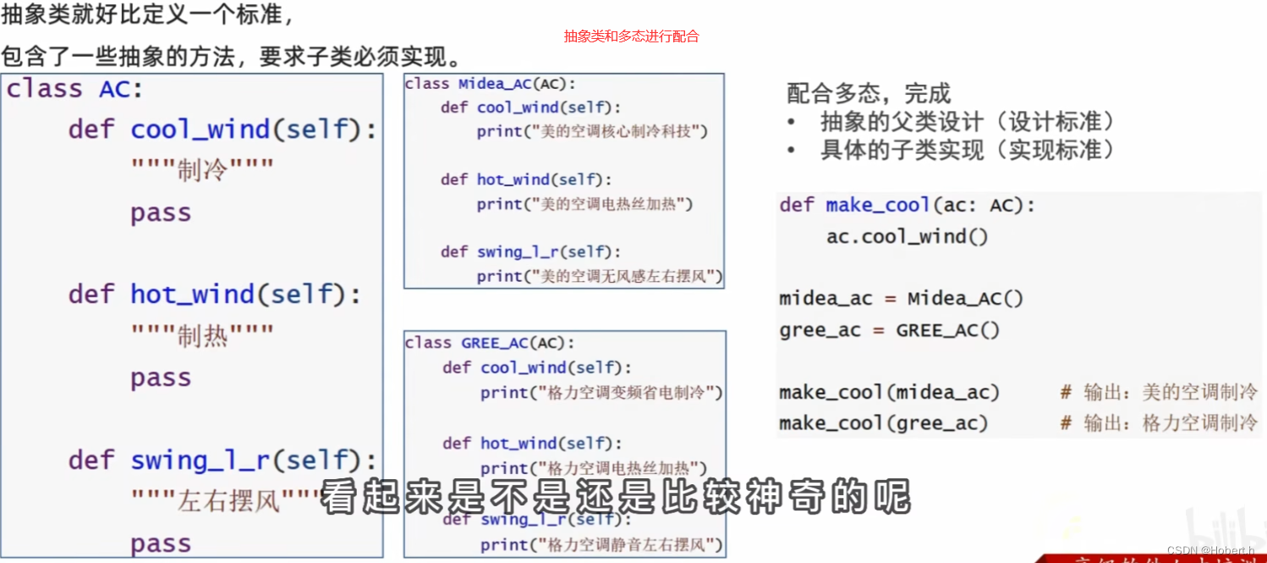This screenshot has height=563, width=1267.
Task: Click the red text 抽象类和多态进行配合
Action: pos(632,36)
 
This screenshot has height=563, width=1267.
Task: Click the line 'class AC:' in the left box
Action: pos(75,89)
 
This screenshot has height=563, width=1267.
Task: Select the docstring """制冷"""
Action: pos(202,171)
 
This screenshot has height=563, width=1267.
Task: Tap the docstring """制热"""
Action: pos(202,336)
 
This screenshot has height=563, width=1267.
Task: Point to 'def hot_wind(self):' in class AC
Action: pos(215,295)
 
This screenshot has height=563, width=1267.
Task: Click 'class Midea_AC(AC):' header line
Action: pos(490,84)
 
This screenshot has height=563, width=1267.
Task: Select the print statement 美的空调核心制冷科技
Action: pos(591,131)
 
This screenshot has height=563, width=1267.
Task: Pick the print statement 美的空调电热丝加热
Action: pos(584,204)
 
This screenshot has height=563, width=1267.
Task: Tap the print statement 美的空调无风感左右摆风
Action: pos(599,276)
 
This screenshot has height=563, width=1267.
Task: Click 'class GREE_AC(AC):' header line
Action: pos(490,343)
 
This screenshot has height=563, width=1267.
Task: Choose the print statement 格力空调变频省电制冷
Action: pos(601,393)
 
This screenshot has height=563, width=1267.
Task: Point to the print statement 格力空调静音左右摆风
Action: pos(601,544)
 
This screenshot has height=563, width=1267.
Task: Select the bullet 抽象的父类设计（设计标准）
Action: pos(968,122)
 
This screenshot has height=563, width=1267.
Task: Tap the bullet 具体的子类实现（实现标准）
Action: pos(968,151)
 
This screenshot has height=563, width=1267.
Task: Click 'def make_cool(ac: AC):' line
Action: pos(907,205)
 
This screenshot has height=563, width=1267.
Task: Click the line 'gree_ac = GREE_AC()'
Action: pos(889,330)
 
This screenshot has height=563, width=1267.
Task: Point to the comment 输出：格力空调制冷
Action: pos(1160,423)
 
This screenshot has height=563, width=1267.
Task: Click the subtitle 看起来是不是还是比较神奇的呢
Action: pos(615,497)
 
